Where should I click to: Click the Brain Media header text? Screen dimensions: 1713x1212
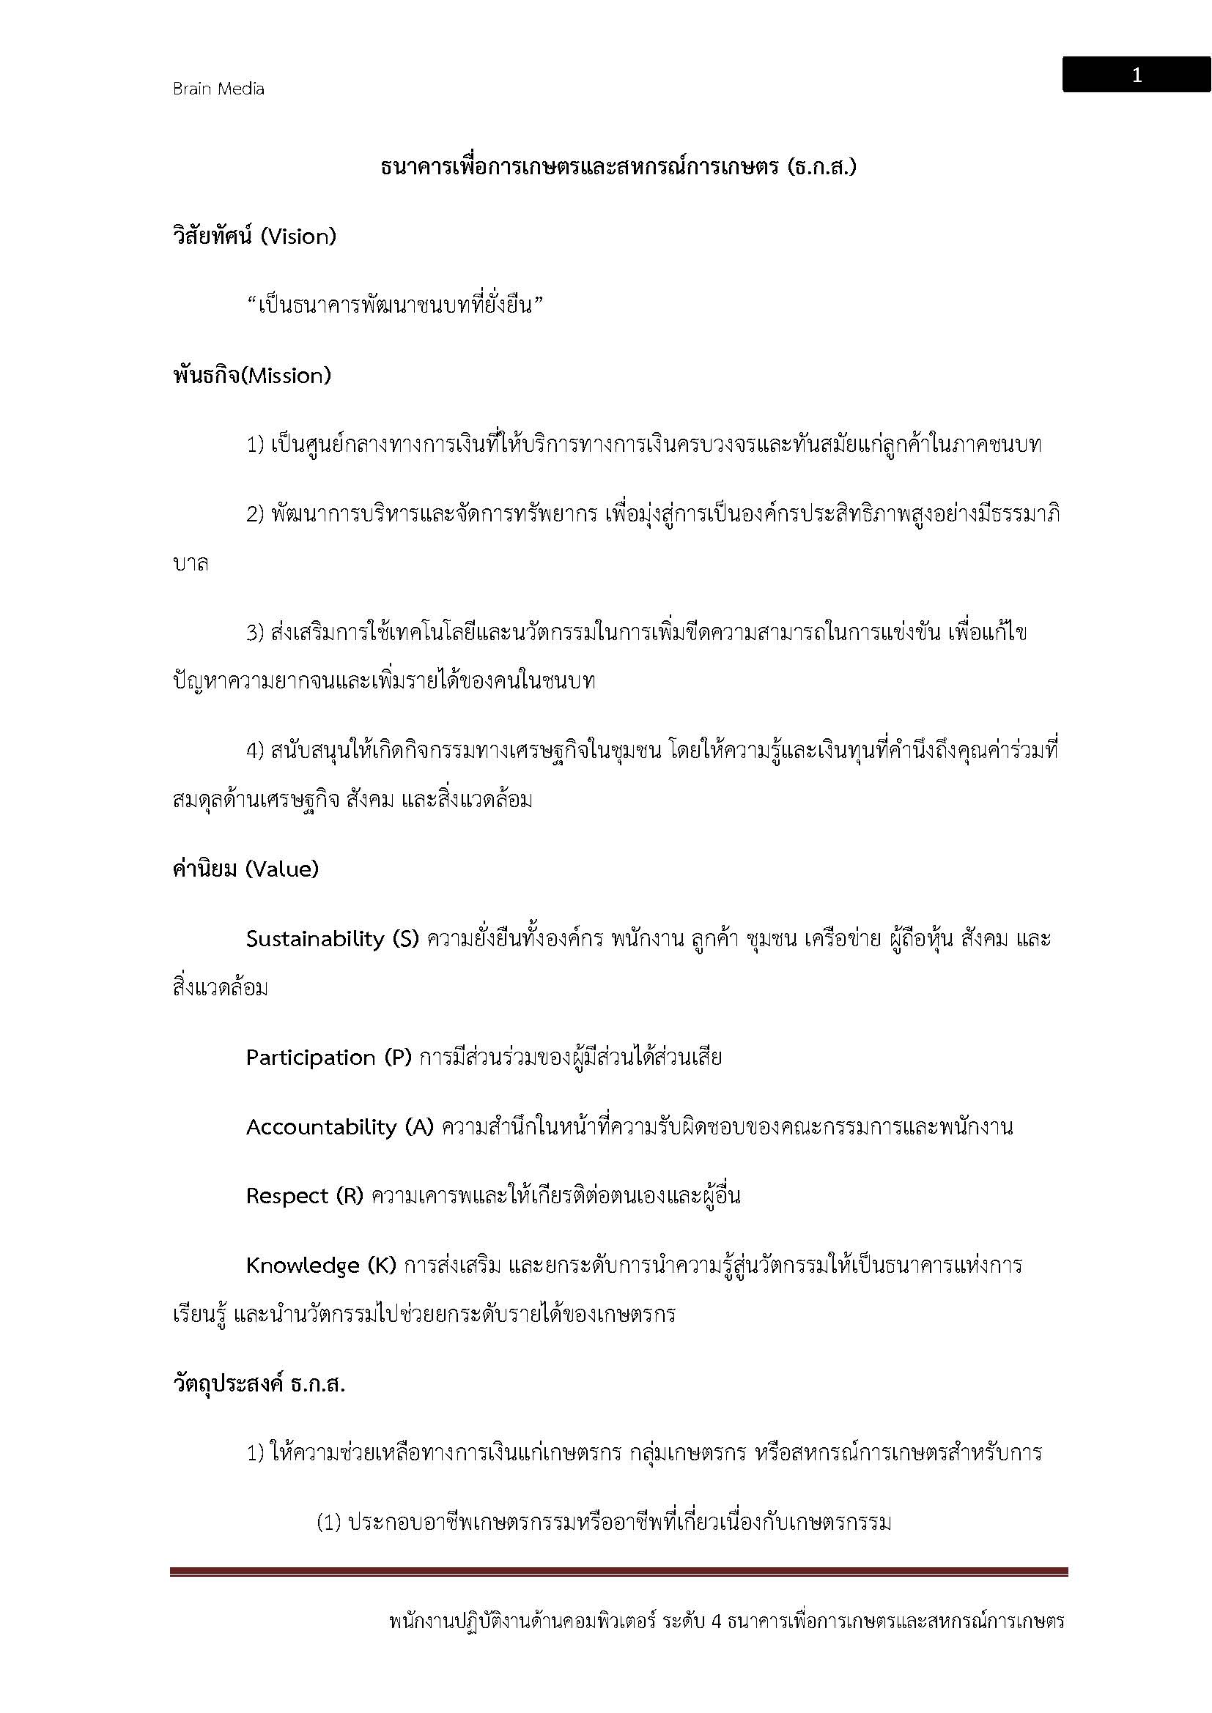(218, 89)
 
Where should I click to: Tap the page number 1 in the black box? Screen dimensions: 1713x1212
(1136, 75)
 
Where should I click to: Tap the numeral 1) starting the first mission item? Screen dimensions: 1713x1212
(255, 445)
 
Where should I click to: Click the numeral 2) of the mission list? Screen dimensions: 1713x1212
(255, 514)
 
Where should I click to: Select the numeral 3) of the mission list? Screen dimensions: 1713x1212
(255, 633)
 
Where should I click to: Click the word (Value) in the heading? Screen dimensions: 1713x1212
(281, 869)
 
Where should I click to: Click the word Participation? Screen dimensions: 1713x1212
(311, 1058)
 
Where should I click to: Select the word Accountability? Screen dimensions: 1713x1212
(321, 1126)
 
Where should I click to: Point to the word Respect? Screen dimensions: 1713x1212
(287, 1196)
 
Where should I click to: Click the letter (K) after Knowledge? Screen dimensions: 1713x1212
(381, 1266)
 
